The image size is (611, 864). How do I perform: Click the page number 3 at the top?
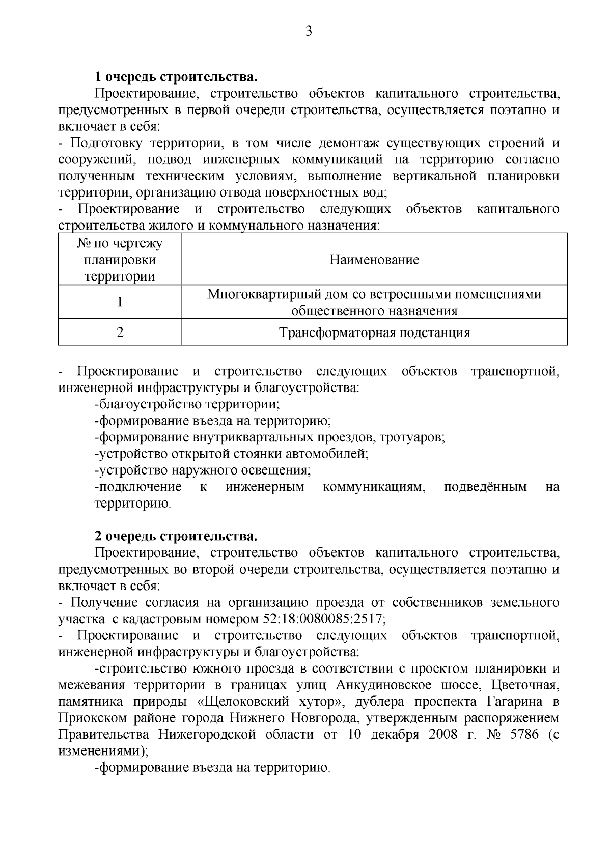tap(308, 32)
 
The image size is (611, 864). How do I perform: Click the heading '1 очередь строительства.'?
tap(176, 77)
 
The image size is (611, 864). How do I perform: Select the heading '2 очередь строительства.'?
tap(176, 536)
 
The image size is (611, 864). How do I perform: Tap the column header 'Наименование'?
tap(374, 260)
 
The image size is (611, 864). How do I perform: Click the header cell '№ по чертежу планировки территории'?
tap(120, 260)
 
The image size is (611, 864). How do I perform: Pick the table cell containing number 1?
tap(120, 302)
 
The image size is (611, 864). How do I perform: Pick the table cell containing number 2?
tap(120, 333)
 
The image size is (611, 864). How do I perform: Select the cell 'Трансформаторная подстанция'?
tap(374, 333)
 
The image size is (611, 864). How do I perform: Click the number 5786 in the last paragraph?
tap(521, 735)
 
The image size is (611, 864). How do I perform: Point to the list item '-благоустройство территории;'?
tap(187, 404)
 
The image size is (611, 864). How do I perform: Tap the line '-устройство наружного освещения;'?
tap(203, 470)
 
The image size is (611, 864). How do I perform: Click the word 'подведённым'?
tap(485, 487)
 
